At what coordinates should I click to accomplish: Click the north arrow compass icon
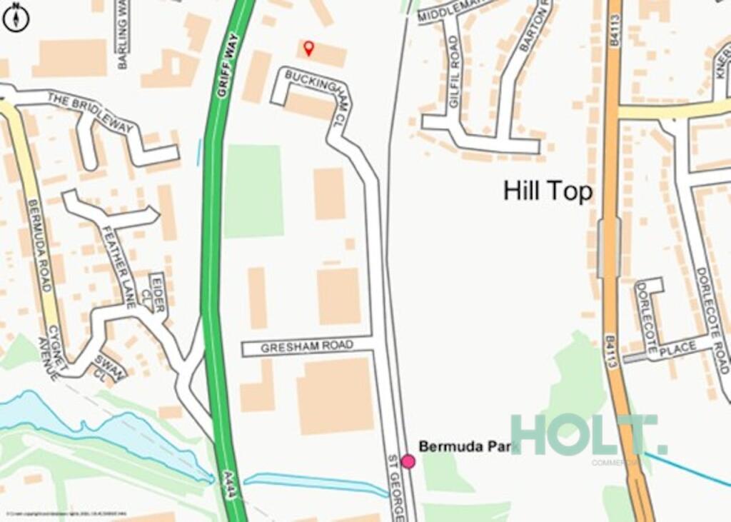click(x=16, y=17)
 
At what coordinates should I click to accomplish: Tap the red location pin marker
click(x=308, y=49)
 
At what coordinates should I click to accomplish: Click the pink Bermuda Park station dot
click(x=408, y=461)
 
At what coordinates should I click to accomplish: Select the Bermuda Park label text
click(x=465, y=446)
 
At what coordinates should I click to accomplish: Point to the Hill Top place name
click(x=548, y=191)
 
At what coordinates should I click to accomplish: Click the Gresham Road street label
click(x=307, y=347)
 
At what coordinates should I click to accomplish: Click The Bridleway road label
click(x=91, y=113)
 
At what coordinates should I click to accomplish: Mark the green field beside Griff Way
click(x=253, y=191)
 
